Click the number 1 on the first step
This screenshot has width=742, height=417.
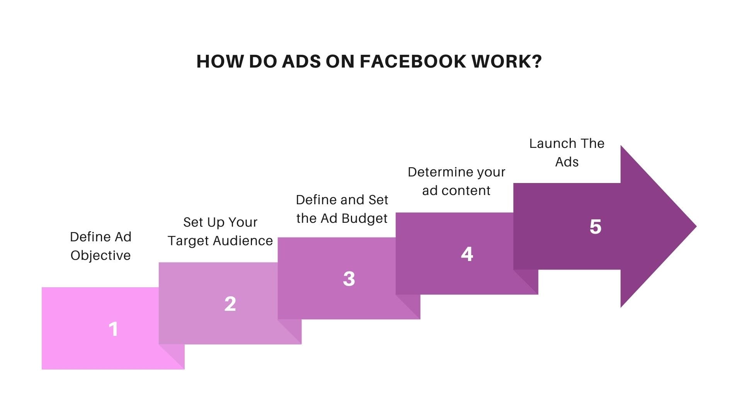[113, 329]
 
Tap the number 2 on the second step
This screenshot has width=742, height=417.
[230, 304]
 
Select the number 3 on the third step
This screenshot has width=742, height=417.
[349, 279]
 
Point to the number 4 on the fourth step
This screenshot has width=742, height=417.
[467, 254]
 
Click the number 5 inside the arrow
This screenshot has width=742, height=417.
[596, 227]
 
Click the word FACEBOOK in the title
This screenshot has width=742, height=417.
[413, 62]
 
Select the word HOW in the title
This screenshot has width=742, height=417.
[220, 62]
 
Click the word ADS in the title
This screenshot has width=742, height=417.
[301, 62]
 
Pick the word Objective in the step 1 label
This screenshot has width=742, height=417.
[100, 256]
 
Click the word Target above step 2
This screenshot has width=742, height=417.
[188, 241]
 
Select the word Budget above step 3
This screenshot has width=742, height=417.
[364, 219]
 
